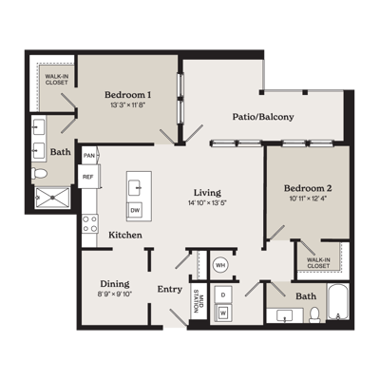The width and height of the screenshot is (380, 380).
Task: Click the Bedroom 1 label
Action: click(x=127, y=95)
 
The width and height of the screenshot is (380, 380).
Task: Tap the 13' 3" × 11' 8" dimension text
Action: click(x=127, y=105)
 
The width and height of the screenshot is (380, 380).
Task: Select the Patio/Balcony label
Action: click(x=263, y=117)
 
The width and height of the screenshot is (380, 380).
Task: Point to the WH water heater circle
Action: click(x=220, y=265)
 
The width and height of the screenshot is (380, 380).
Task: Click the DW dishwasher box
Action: click(x=136, y=210)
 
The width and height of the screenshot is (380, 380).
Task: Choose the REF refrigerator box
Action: click(x=88, y=177)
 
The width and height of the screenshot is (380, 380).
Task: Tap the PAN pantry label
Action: click(x=89, y=156)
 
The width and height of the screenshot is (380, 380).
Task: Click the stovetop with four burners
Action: click(x=89, y=223)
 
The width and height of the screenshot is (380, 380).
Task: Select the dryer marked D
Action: click(x=223, y=295)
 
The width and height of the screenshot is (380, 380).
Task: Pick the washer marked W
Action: click(x=223, y=313)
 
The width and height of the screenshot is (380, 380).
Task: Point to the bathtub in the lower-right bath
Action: click(x=338, y=301)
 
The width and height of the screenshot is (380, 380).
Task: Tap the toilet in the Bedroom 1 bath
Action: click(x=39, y=173)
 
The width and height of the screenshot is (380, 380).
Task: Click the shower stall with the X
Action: click(x=52, y=198)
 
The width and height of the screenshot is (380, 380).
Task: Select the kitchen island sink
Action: click(x=136, y=187)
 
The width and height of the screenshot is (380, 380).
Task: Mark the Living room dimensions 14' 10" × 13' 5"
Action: click(x=207, y=203)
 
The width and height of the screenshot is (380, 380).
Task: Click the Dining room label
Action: click(x=115, y=284)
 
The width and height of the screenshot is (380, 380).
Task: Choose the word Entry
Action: click(x=170, y=289)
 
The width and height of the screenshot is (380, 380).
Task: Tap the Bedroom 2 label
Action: click(x=308, y=188)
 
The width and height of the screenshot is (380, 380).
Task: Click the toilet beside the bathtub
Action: click(x=314, y=314)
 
